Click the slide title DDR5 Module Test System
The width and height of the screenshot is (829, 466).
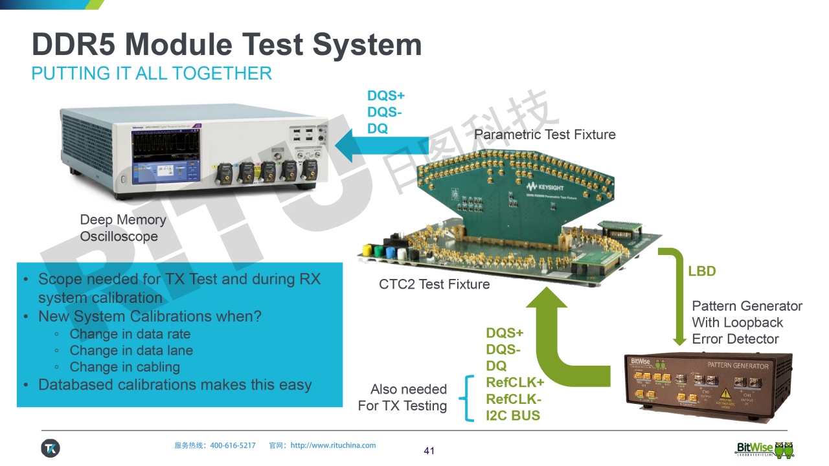pos(227,45)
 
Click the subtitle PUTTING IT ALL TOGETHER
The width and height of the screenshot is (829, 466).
pos(152,73)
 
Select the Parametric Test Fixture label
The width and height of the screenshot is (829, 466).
pos(545,134)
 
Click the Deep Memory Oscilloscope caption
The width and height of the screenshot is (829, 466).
pos(123,228)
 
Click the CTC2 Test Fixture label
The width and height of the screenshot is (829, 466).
pos(434,284)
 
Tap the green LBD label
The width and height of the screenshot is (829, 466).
pos(701,271)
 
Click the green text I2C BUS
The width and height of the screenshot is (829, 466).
pos(513,416)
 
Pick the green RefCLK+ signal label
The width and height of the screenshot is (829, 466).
pos(515,383)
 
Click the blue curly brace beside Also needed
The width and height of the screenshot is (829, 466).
pos(465,398)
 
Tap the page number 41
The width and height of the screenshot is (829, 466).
pos(429,450)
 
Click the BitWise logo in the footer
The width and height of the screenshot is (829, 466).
pos(764,449)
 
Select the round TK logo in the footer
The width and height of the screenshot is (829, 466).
pos(51,448)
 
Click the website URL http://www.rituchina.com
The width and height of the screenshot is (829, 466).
pos(333,445)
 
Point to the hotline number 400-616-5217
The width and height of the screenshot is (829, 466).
pos(233,445)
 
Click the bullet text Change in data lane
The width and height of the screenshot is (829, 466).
pos(131,350)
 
